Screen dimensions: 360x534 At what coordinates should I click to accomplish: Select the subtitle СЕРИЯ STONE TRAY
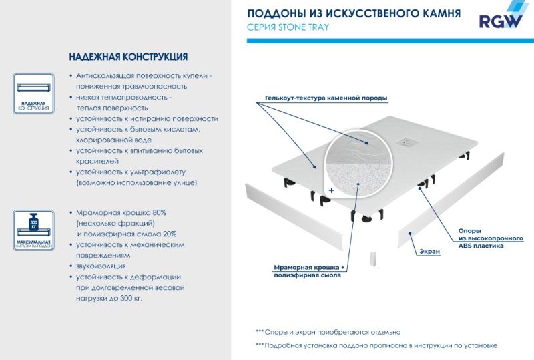(288, 27)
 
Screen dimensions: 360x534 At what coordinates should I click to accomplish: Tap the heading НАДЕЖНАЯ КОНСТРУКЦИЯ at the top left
(128, 57)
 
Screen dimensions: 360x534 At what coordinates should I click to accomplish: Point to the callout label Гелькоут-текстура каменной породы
(326, 98)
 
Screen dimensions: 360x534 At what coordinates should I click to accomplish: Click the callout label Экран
(431, 252)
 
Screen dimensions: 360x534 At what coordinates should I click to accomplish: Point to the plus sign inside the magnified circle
(331, 190)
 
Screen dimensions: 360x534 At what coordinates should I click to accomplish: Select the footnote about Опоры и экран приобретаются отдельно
(328, 331)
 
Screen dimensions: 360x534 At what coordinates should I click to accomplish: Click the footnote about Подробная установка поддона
(376, 345)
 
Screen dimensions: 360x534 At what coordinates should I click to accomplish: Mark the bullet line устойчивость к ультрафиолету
(131, 172)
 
